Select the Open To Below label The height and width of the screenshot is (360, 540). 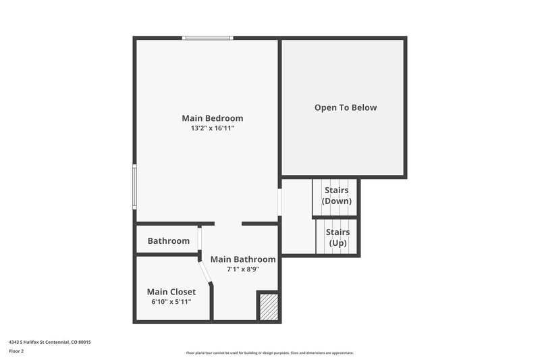click(346, 107)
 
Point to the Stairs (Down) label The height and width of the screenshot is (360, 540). click(336, 196)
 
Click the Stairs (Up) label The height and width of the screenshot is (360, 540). click(337, 238)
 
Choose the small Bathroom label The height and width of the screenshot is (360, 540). click(169, 240)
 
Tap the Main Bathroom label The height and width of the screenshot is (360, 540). click(243, 259)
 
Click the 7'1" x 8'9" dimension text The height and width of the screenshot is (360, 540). click(243, 269)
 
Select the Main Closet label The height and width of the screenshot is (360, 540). click(171, 292)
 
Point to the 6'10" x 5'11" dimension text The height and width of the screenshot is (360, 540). click(171, 301)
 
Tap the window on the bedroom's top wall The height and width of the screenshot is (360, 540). click(209, 38)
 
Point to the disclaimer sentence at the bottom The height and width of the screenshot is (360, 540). click(270, 353)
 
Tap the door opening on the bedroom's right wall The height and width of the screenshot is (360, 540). click(279, 201)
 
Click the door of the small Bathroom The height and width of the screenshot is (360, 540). click(199, 241)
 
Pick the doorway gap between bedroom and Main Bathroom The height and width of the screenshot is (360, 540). click(228, 224)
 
